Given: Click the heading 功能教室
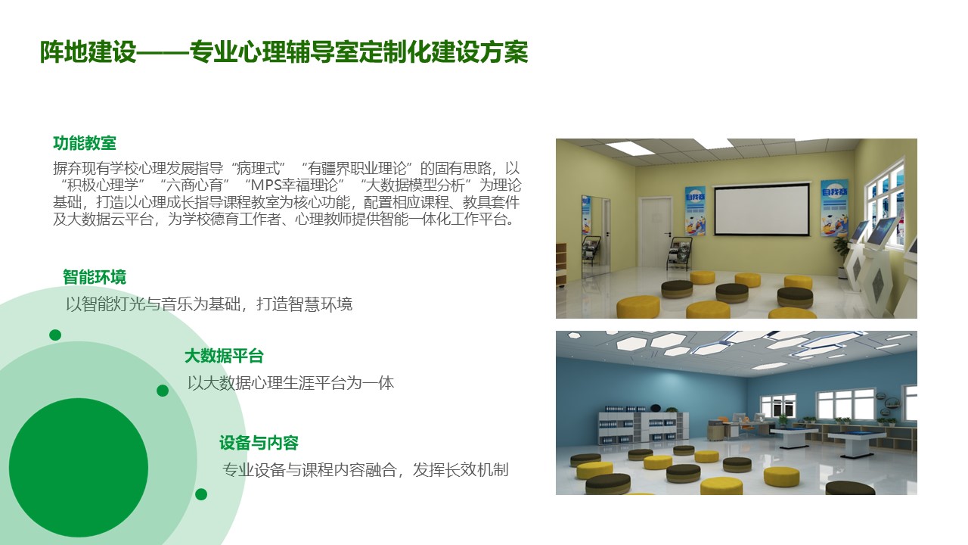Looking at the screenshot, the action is pos(85,143).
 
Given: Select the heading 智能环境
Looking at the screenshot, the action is pos(95,277).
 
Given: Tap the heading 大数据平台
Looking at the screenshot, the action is pos(224,356).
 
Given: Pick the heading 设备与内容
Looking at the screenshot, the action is pos(259,443).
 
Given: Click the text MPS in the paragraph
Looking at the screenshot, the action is pos(265,185).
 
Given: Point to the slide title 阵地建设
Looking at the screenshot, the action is pos(88,52).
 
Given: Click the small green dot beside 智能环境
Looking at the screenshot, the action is pos(55,335).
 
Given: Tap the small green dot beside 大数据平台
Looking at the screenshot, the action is pos(163,391).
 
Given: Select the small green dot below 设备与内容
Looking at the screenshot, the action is pos(201,494).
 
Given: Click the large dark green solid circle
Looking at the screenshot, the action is pos(79,468).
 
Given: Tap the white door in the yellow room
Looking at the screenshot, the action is pos(655,233).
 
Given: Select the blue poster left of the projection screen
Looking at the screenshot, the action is pos(695,211).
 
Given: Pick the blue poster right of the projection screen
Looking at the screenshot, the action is pos(834,208).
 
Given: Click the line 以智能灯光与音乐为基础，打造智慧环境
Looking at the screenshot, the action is pos(209,304).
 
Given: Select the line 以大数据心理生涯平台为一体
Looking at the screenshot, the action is pos(290,383).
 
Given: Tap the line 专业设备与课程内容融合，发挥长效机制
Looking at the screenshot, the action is pos(365,469).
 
